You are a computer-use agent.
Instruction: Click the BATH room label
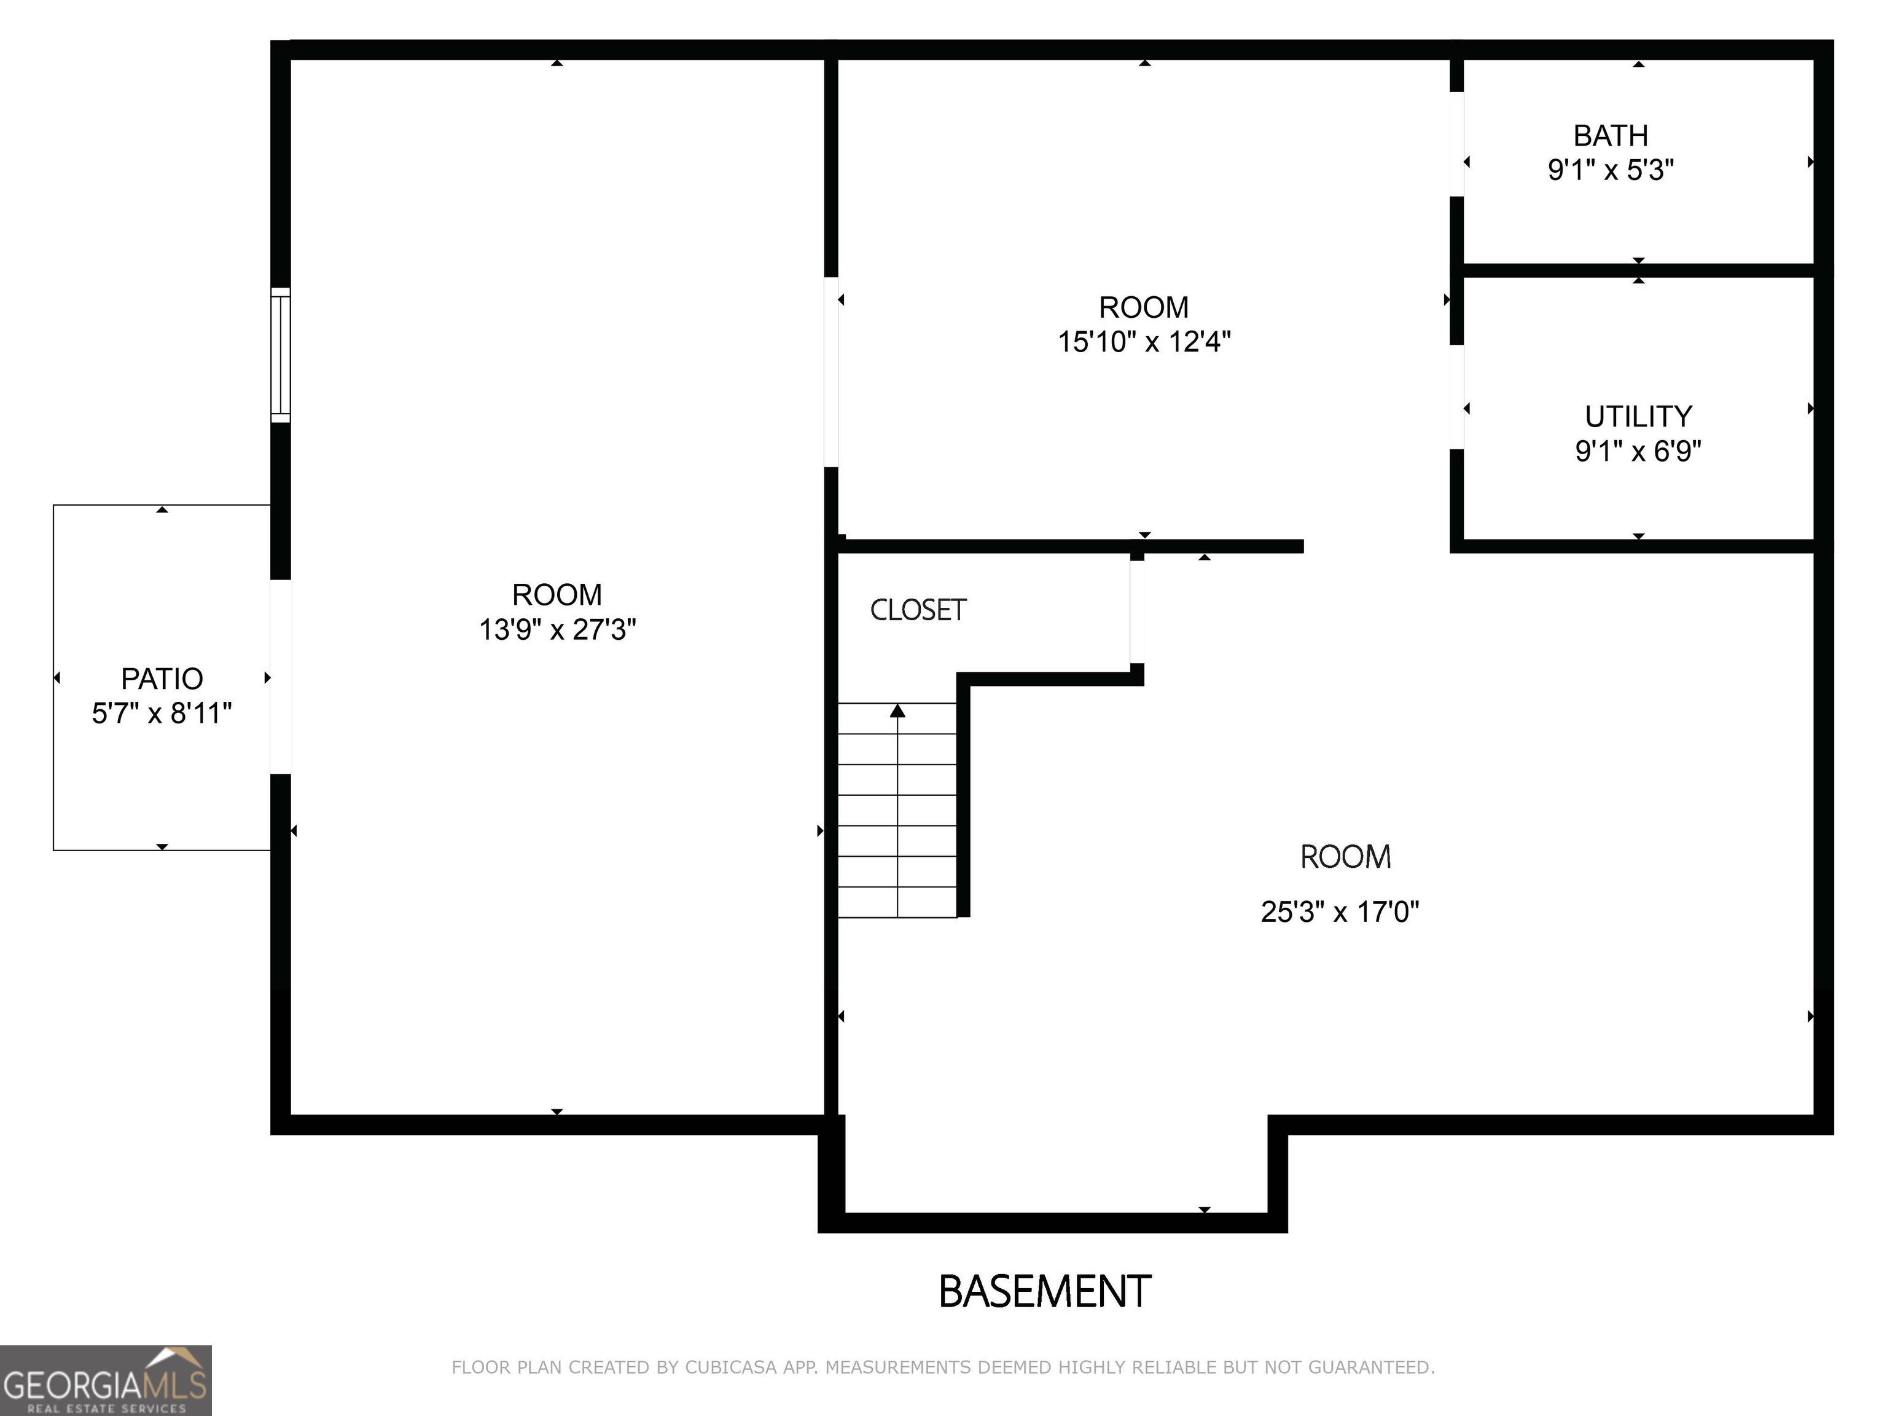(x=1610, y=136)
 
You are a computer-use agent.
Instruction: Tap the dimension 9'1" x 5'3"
(x=1610, y=170)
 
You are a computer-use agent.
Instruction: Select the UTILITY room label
(x=1638, y=417)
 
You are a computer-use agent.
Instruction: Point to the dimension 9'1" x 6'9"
(x=1638, y=450)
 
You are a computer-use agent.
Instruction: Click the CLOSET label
(x=918, y=610)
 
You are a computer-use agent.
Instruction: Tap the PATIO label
(x=162, y=679)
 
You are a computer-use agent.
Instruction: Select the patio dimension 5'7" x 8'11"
(x=162, y=714)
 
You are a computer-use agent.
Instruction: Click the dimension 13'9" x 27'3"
(x=557, y=630)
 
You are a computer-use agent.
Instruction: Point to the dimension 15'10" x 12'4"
(x=1144, y=342)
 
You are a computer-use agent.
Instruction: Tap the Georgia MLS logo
(x=105, y=1381)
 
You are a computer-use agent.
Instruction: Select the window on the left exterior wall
(x=281, y=355)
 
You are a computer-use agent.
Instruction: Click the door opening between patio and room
(x=281, y=677)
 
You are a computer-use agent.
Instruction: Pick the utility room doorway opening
(x=1457, y=397)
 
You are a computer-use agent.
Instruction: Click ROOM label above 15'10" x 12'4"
(x=1143, y=307)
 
